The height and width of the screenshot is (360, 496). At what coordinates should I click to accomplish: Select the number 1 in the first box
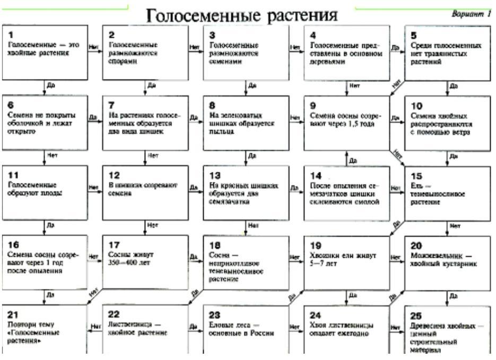10,35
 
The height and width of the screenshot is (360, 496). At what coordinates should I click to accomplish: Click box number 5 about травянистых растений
447,52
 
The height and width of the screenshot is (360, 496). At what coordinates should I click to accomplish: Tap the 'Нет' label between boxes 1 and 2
94,47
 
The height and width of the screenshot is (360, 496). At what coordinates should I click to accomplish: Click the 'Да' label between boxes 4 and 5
394,47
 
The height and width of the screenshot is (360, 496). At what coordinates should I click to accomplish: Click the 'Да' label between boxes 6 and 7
93,117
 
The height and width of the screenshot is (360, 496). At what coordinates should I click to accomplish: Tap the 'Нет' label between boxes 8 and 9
295,117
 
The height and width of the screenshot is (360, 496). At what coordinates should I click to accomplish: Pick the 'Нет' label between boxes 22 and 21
95,327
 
